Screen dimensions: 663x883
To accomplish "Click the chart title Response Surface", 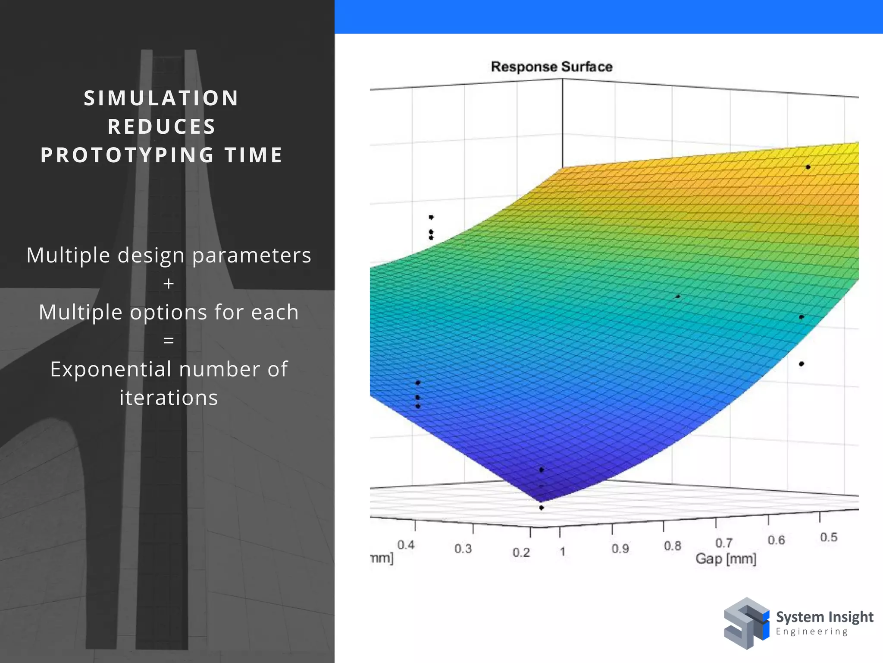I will pos(551,67).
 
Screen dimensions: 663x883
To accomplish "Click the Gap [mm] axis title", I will pos(726,559).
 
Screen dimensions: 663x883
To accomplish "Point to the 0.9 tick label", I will pos(620,549).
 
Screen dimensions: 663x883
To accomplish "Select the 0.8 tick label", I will pos(672,546).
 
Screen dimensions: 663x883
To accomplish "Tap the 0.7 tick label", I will pos(724,543).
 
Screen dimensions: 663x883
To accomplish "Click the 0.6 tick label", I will pos(776,540).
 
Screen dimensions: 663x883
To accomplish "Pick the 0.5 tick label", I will pos(828,537).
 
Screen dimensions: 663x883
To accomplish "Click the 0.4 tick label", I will pos(406,545).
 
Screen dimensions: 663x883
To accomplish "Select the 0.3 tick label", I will pos(463,549).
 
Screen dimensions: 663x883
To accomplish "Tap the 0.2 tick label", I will pos(521,552).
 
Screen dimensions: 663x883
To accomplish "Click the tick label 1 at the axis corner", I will pos(562,552).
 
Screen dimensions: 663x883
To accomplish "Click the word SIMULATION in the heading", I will pos(161,98).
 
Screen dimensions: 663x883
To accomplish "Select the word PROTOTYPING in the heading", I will pos(127,155).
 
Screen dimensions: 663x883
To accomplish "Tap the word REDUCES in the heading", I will pos(162,127).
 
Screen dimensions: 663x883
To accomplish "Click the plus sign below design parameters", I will pos(169,284).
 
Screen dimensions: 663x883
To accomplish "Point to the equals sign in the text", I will pos(169,341).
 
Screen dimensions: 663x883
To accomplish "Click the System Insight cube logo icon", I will pos(746,623).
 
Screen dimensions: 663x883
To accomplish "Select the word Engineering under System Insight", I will pos(811,631).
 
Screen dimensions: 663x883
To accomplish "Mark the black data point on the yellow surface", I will pos(808,167).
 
